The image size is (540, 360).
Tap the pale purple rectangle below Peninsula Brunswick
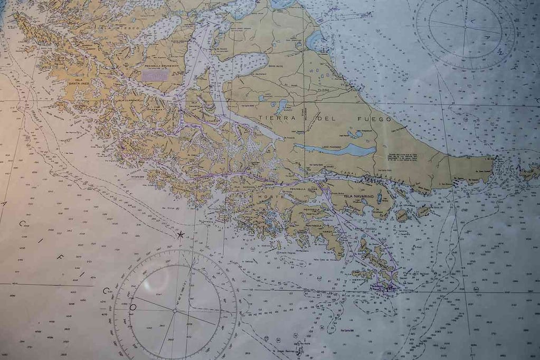point(155,75)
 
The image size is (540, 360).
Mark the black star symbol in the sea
point(181,234)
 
